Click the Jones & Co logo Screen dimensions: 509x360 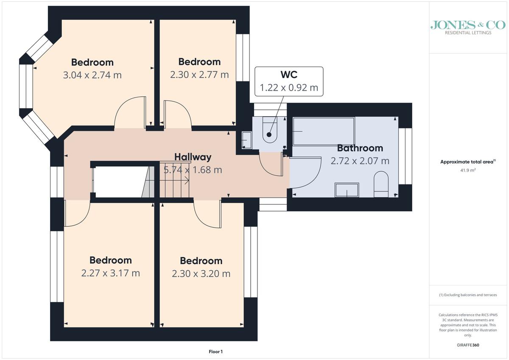point(468,28)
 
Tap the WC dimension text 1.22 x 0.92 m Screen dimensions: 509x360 point(289,88)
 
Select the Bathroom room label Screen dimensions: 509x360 point(360,148)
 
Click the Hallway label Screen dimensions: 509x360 point(193,157)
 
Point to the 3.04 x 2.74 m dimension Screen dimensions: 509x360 point(92,75)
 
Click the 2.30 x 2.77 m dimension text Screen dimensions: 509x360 point(199,75)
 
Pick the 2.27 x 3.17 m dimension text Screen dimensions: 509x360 point(110,273)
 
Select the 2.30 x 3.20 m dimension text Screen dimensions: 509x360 point(201,273)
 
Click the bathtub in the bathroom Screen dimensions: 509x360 point(324,131)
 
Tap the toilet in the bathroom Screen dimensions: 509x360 point(381,184)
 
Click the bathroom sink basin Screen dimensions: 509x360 point(347,190)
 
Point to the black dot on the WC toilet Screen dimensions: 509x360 point(269,135)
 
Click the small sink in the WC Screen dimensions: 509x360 point(246,140)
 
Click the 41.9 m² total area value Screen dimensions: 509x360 point(468,170)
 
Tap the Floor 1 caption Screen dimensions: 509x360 point(215,352)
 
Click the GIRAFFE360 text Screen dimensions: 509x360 point(468,345)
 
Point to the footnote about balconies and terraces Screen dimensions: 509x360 point(468,295)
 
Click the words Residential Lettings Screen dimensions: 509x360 point(468,33)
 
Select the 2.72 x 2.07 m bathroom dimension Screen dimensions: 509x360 point(360,161)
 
